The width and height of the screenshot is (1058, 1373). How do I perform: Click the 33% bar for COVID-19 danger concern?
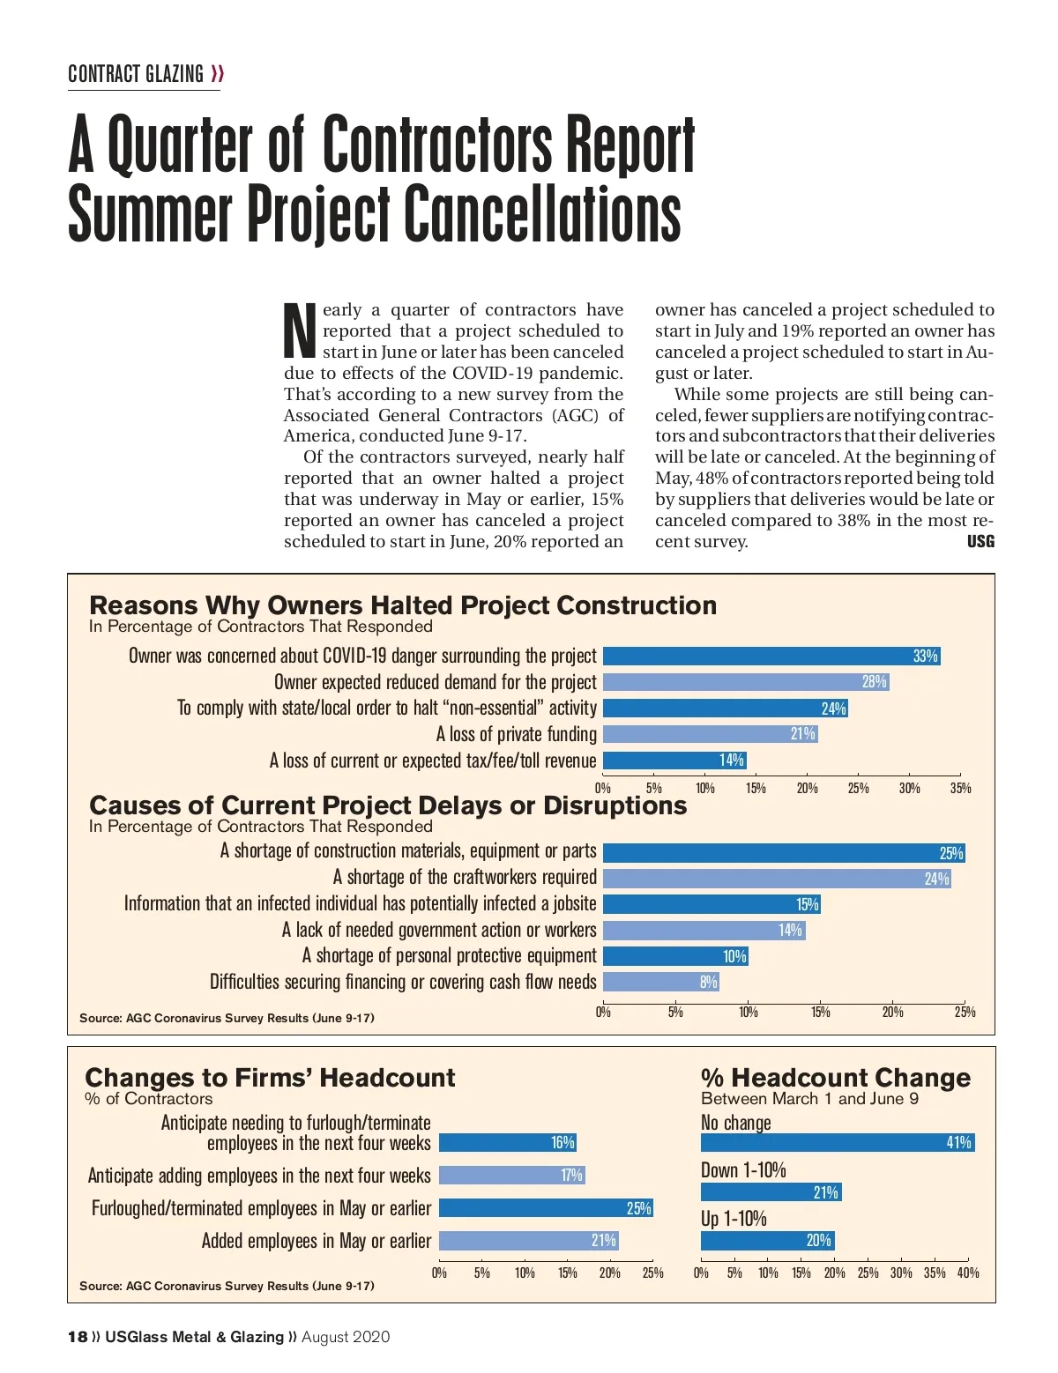[771, 656]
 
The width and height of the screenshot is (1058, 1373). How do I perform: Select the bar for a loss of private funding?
[710, 734]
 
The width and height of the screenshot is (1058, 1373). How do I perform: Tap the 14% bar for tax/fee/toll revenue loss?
[674, 761]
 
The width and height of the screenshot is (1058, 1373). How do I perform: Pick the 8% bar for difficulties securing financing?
[661, 982]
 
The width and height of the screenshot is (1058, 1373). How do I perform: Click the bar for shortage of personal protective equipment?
[675, 956]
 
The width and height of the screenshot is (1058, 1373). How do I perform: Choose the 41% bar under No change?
[838, 1143]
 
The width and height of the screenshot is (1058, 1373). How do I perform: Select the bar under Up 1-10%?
[767, 1241]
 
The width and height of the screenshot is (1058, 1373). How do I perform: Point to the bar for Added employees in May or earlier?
[529, 1241]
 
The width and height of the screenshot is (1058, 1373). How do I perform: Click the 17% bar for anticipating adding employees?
[511, 1176]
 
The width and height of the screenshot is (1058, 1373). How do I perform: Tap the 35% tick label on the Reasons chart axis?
[960, 788]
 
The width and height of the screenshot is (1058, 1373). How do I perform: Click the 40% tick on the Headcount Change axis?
[967, 1273]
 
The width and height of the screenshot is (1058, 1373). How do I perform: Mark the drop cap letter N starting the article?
[300, 330]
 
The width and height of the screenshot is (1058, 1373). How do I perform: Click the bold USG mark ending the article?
[980, 541]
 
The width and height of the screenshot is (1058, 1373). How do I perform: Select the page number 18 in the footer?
[78, 1337]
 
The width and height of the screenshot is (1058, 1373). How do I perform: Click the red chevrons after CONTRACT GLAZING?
[217, 74]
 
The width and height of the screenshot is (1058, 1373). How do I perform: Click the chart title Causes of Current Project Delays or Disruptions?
[388, 805]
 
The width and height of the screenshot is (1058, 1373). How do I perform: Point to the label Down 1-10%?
[743, 1170]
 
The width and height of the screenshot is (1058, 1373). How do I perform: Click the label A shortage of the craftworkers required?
[465, 877]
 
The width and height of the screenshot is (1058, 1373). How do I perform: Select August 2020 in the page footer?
[346, 1337]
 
